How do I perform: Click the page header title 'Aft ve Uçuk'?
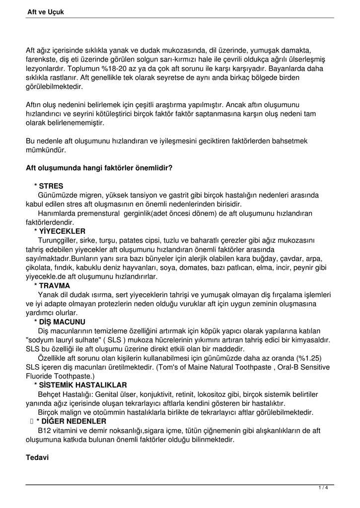click(46, 11)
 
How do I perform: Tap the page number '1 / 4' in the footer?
click(323, 488)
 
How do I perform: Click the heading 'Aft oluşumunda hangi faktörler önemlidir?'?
click(99, 168)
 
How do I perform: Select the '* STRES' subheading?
click(49, 186)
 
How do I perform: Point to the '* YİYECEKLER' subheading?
click(60, 231)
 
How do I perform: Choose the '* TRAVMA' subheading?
click(52, 286)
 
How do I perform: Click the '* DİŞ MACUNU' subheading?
click(60, 322)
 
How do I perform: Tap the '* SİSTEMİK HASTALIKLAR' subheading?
click(80, 385)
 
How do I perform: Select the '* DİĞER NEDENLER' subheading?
click(71, 421)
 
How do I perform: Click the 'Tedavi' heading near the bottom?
click(37, 457)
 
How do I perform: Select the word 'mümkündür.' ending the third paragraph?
click(46, 150)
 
